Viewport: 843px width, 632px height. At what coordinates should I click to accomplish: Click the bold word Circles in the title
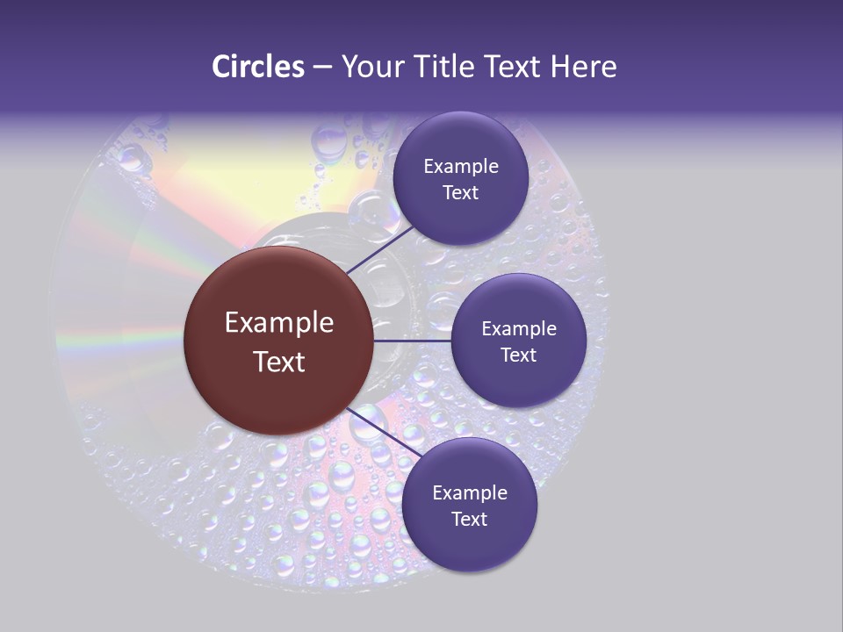[x=257, y=66]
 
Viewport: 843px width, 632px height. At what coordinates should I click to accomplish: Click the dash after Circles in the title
[x=322, y=68]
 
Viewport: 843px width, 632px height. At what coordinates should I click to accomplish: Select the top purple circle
[x=460, y=178]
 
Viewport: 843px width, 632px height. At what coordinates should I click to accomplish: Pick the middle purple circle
[x=518, y=341]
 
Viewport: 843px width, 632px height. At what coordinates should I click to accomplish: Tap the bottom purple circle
[x=469, y=505]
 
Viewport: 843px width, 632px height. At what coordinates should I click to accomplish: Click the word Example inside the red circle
[x=279, y=322]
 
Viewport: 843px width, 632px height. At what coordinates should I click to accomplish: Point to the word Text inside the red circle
[x=279, y=362]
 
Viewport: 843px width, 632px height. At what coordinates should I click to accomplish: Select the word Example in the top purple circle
[x=461, y=166]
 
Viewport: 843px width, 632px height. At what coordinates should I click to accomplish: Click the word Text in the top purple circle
[x=460, y=192]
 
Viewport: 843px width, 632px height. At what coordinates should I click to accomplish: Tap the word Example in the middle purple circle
[x=519, y=328]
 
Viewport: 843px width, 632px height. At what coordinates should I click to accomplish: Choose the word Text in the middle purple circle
[x=518, y=355]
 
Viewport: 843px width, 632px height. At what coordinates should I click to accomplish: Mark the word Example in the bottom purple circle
[x=470, y=492]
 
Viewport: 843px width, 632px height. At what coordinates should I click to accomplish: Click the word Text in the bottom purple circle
[x=469, y=519]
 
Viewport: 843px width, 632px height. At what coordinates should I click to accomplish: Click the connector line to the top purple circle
[x=379, y=250]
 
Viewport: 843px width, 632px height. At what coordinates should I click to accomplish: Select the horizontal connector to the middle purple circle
[x=413, y=341]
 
